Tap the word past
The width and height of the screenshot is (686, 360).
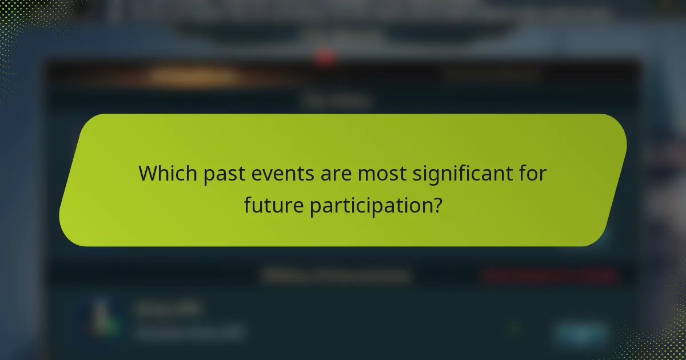(x=219, y=173)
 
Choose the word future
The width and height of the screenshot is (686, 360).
(x=274, y=206)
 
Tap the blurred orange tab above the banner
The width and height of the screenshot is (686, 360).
(x=194, y=75)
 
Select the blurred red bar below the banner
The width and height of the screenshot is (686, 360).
(x=549, y=277)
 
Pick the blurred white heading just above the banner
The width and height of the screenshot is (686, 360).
(x=337, y=102)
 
